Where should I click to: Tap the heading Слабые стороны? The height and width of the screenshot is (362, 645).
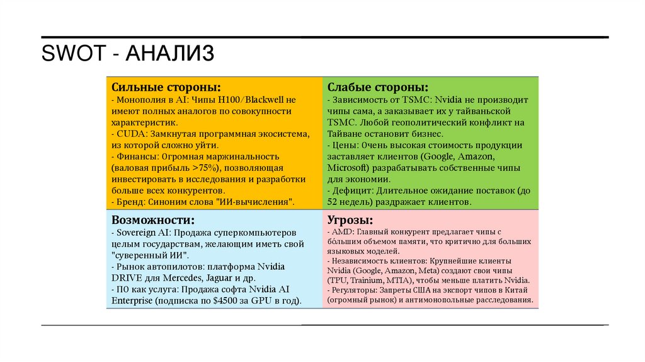pyautogui.click(x=378, y=86)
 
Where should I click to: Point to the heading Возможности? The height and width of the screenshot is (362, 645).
pyautogui.click(x=152, y=219)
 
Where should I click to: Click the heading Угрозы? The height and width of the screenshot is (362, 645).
pyautogui.click(x=350, y=219)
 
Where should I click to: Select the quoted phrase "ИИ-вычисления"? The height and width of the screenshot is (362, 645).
pyautogui.click(x=258, y=202)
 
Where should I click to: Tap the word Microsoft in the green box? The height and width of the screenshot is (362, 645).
pyautogui.click(x=347, y=168)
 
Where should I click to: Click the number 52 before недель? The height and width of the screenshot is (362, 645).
pyautogui.click(x=333, y=202)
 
